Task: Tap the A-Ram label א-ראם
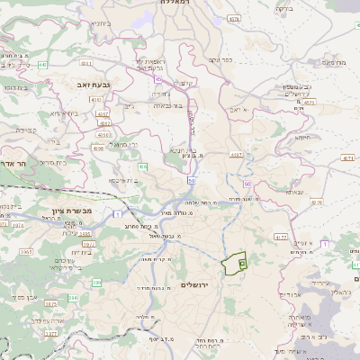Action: pos(231,108)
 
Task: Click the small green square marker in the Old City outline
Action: pos(242,263)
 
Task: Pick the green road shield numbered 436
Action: pos(143,166)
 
